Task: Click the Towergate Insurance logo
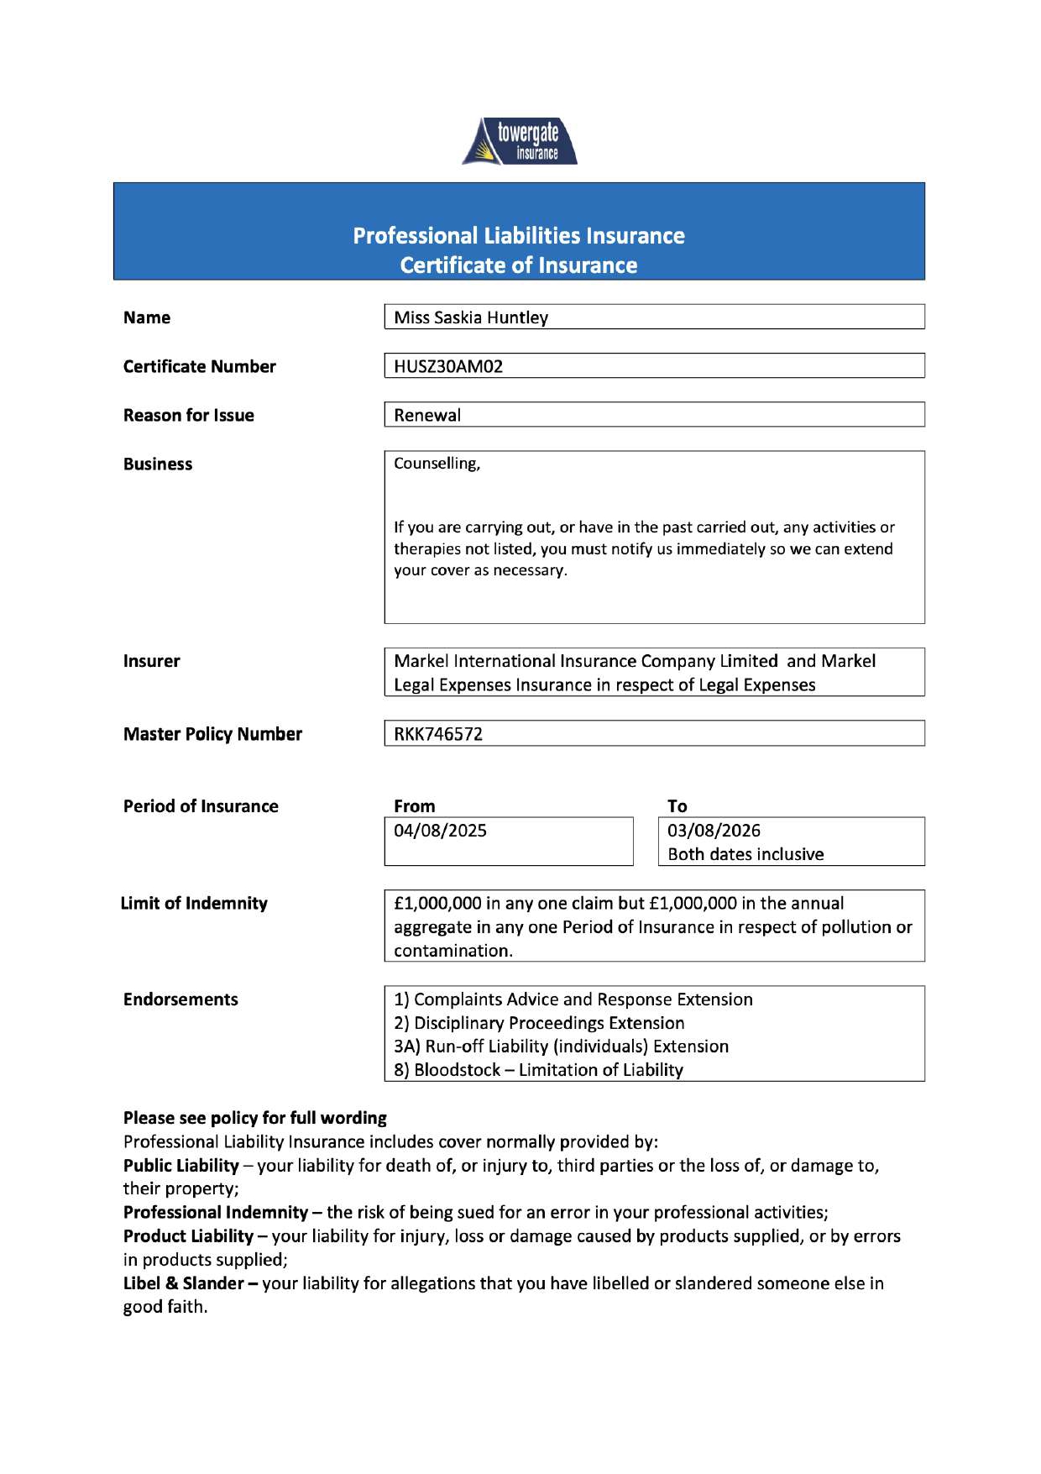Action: [x=520, y=141]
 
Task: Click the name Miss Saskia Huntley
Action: [x=470, y=317]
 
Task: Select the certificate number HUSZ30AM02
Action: [x=448, y=366]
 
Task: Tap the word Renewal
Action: [x=427, y=415]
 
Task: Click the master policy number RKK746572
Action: [x=438, y=734]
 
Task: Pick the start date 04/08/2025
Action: [x=440, y=831]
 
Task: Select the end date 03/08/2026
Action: [x=714, y=831]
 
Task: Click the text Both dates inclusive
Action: [x=745, y=854]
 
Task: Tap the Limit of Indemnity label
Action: [x=194, y=903]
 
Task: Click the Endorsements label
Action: [x=180, y=999]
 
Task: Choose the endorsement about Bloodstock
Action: [x=538, y=1070]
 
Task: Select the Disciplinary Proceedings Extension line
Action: [x=539, y=1023]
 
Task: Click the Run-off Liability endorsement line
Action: [x=561, y=1046]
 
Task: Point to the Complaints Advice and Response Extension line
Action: [x=573, y=999]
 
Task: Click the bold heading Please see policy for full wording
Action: [x=254, y=1118]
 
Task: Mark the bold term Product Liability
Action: [x=188, y=1236]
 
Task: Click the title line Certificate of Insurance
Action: [x=518, y=265]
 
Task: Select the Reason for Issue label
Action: [x=188, y=415]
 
